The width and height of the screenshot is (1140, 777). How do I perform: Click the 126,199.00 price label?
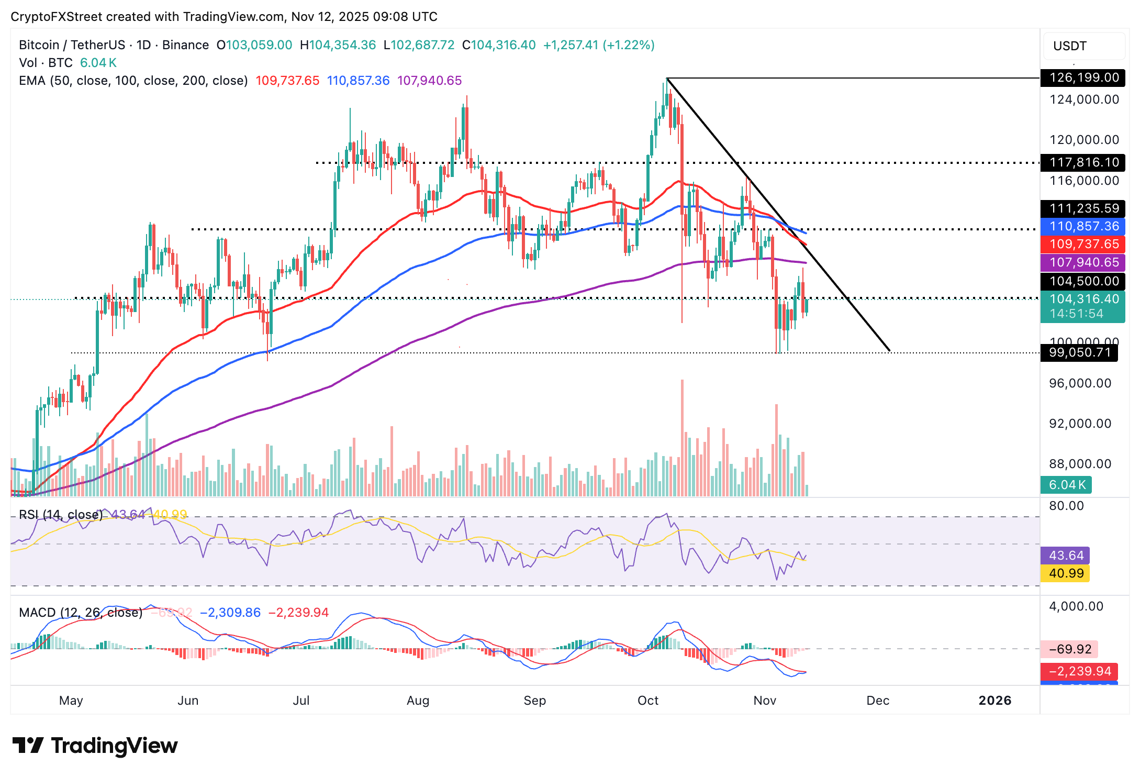1082,78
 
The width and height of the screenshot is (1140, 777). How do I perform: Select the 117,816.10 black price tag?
1082,162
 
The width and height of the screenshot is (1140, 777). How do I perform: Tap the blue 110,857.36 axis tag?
1082,226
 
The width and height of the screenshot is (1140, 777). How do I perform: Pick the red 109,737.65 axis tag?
1082,244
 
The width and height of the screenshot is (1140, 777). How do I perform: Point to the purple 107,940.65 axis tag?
1082,262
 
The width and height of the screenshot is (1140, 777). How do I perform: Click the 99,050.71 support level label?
1079,352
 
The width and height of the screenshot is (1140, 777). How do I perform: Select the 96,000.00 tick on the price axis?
1080,383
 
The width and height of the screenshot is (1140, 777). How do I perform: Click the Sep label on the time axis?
534,701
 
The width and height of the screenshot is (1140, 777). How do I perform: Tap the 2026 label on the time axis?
994,701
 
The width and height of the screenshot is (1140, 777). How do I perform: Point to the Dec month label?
878,701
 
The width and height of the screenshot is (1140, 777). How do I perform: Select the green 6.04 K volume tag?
1066,485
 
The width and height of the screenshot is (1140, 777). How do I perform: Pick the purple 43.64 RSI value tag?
1065,556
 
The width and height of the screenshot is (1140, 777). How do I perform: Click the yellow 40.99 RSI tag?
1065,573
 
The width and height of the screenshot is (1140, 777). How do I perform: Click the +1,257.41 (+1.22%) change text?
599,45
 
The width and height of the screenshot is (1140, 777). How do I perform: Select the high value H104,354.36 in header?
338,45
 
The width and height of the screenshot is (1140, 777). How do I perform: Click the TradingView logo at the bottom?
95,746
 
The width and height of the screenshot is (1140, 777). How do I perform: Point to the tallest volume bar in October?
682,437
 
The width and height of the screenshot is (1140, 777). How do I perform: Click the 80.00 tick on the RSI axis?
1066,506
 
